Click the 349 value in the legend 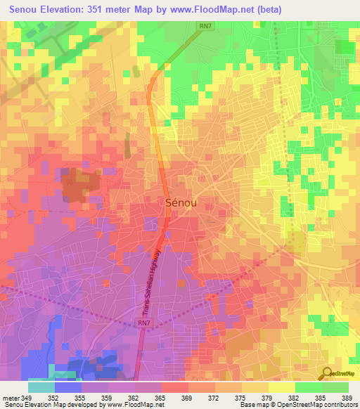pyautogui.click(x=28, y=397)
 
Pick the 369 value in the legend pyautogui.click(x=188, y=397)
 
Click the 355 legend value pyautogui.click(x=82, y=397)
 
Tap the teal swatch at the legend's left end pyautogui.click(x=41, y=387)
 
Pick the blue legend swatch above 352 pyautogui.click(x=68, y=387)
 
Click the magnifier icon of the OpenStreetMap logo pyautogui.click(x=326, y=373)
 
